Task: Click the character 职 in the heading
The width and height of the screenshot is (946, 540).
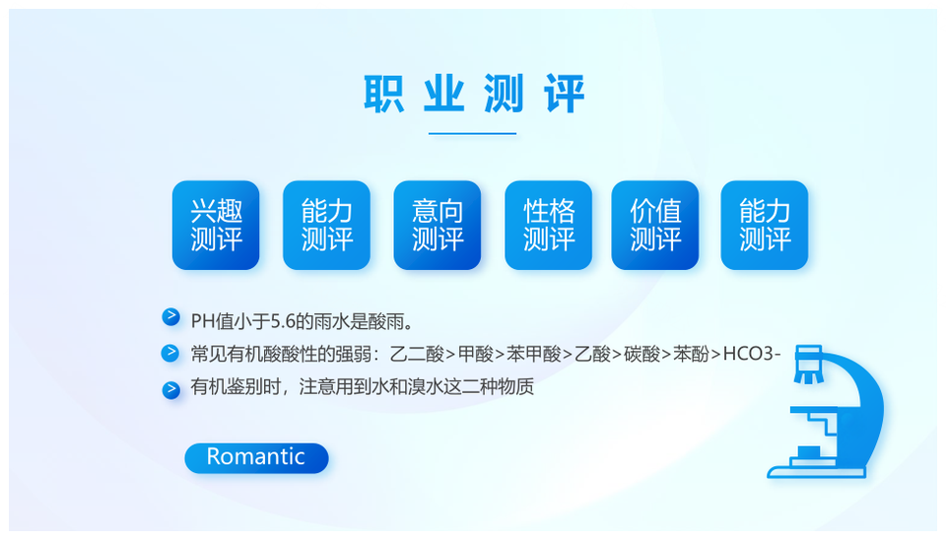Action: [383, 94]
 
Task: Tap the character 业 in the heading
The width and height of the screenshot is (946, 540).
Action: [444, 94]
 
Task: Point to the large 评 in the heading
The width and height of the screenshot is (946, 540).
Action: [564, 94]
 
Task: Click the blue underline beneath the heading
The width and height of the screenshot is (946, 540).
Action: [472, 133]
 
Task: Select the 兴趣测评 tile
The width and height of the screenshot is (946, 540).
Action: [216, 225]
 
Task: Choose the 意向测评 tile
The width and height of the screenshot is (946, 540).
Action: [438, 225]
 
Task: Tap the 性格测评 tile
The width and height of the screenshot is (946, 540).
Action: [549, 225]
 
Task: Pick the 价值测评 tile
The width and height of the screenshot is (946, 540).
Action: [655, 225]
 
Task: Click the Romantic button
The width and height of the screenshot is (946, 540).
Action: [256, 458]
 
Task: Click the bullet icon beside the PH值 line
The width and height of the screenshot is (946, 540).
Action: [170, 316]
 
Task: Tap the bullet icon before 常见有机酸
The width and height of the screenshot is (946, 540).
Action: [170, 353]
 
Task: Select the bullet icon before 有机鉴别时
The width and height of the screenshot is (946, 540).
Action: [170, 390]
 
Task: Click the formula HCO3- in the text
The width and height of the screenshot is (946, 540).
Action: [752, 354]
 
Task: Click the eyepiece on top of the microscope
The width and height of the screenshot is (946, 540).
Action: [809, 364]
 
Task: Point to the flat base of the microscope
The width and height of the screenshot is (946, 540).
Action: [816, 471]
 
